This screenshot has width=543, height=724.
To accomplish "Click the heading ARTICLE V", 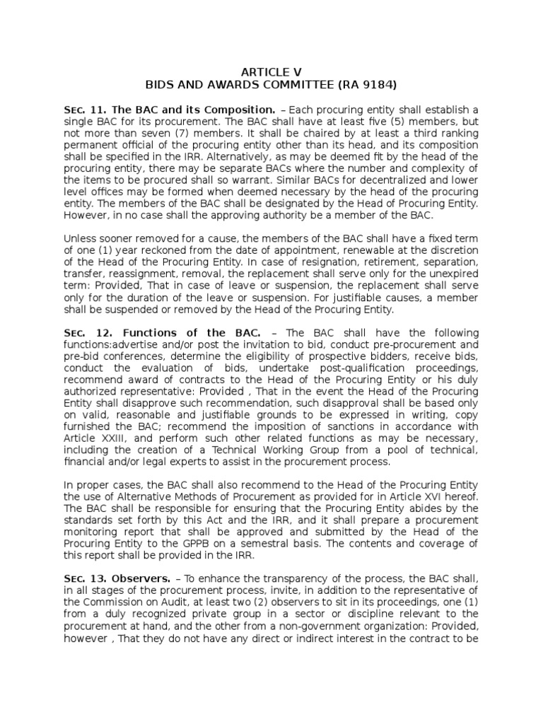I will pyautogui.click(x=271, y=71).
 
